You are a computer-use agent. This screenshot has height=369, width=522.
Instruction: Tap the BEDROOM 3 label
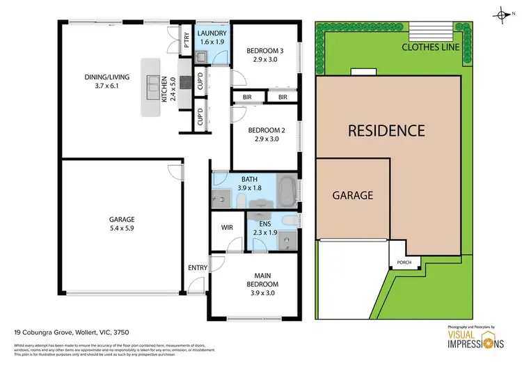point(264,55)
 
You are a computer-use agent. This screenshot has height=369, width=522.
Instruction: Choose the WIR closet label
point(227,227)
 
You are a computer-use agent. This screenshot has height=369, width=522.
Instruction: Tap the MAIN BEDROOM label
point(262,280)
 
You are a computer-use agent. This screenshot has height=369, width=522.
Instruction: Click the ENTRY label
point(197,267)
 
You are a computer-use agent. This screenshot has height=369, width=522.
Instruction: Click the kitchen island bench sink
point(150,86)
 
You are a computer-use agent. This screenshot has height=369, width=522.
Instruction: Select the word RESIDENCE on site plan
point(386,130)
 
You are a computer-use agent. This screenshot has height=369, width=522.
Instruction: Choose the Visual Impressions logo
point(466,338)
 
